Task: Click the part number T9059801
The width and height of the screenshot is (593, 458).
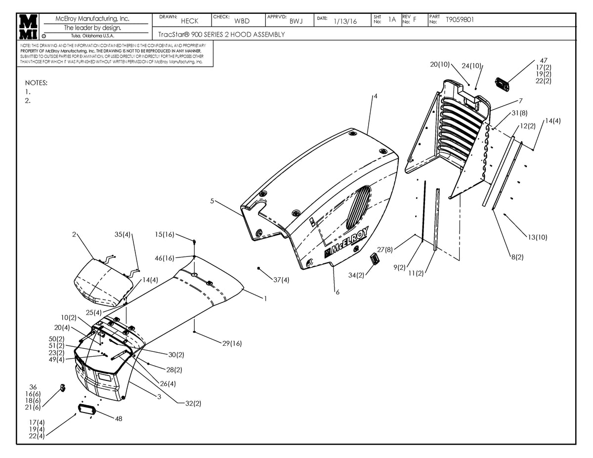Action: (460, 20)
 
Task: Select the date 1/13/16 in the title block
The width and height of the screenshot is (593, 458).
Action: (345, 21)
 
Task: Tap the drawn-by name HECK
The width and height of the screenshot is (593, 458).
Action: (189, 21)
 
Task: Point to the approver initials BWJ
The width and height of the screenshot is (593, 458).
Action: (296, 21)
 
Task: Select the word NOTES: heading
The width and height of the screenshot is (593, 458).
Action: (36, 83)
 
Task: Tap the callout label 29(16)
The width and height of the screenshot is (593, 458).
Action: (232, 343)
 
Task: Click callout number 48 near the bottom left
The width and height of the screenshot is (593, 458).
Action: (118, 418)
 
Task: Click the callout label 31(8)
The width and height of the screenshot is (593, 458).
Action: (519, 113)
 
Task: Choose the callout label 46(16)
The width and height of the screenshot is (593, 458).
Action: (165, 258)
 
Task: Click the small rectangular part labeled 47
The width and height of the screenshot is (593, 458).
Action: (503, 84)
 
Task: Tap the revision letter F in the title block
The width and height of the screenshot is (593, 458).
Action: (415, 20)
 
